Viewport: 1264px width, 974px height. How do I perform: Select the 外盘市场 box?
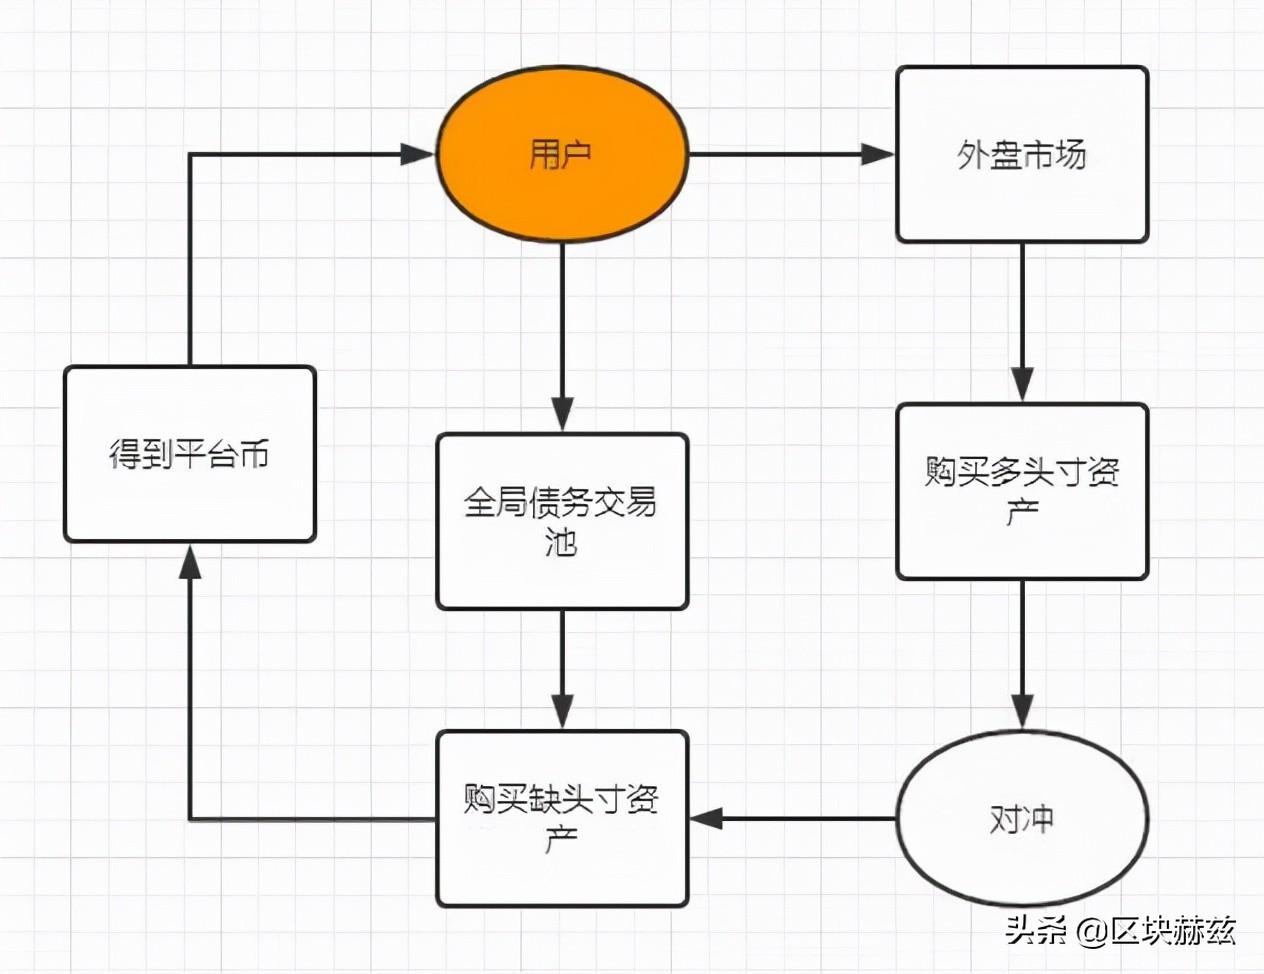pos(1021,155)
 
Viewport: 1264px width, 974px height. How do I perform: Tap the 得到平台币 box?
pos(190,454)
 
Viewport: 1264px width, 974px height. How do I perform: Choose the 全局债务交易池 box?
pos(562,521)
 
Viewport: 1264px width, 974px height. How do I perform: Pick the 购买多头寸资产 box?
pos(1021,491)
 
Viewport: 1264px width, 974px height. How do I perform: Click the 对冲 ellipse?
pos(1021,819)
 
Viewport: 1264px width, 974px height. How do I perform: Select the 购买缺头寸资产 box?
pos(562,819)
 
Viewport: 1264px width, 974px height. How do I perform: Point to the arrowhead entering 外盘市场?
pos(878,154)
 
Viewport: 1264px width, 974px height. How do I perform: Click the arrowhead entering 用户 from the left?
pos(418,154)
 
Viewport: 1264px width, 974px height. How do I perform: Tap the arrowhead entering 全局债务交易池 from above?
pos(562,414)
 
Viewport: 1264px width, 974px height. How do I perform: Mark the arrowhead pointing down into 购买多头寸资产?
pos(1021,384)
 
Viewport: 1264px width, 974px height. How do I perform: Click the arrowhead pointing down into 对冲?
pos(1021,711)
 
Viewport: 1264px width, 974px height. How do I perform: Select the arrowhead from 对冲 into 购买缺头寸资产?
pos(706,819)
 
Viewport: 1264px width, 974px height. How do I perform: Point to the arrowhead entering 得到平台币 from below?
pos(190,562)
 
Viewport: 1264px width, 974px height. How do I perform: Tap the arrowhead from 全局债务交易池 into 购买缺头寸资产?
pos(562,711)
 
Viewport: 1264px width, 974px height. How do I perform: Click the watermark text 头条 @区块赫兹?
pos(1120,931)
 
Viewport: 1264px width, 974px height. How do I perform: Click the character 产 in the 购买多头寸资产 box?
pos(1021,513)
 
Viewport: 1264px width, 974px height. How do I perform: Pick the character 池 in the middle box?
pos(562,543)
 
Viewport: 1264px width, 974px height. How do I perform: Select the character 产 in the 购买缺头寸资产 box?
pos(562,840)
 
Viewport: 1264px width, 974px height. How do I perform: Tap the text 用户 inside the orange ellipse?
pos(560,155)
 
